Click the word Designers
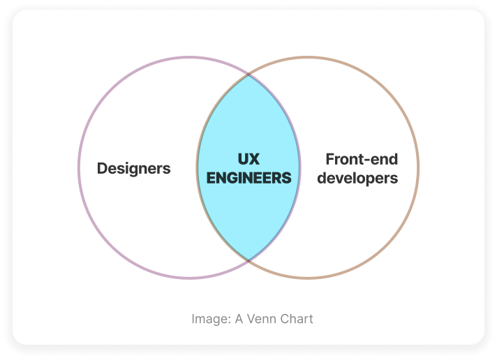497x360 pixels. pos(134,168)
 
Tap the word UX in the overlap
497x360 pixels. pos(248,159)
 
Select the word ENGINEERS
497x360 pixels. pos(248,178)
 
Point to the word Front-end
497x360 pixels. pos(362,159)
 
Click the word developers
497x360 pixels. pos(357,179)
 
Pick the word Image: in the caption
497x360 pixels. pos(211,319)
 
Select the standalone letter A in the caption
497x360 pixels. pos(239,319)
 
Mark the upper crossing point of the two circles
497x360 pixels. pos(248,75)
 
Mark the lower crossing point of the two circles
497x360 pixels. pos(248,260)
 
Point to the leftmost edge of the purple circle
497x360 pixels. pos(79,167)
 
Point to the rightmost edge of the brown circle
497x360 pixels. pos(418,167)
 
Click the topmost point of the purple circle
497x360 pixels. pos(190,57)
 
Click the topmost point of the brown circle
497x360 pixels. pos(307,57)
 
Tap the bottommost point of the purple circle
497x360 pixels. pos(190,278)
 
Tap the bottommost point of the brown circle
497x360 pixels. pos(307,278)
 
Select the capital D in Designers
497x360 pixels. pos(102,168)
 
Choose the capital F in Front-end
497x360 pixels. pos(330,159)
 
